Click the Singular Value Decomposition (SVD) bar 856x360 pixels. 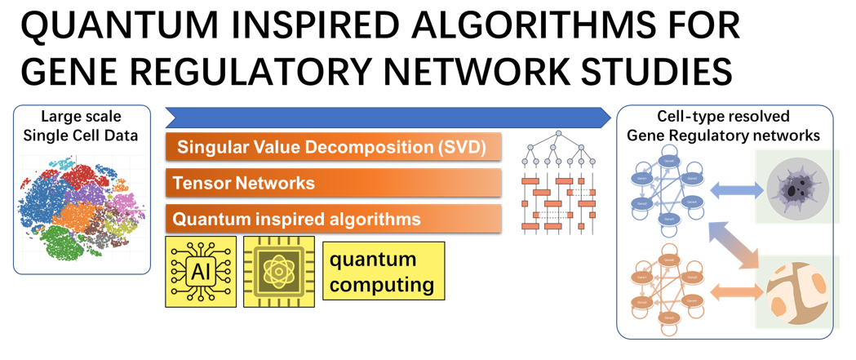point(333,148)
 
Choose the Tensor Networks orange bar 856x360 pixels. point(333,183)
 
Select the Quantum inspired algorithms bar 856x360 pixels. point(333,219)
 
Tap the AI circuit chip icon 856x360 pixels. point(201,272)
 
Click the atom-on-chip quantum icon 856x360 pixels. point(279,272)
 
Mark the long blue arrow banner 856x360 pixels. point(388,117)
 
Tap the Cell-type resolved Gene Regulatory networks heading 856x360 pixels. point(724,127)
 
